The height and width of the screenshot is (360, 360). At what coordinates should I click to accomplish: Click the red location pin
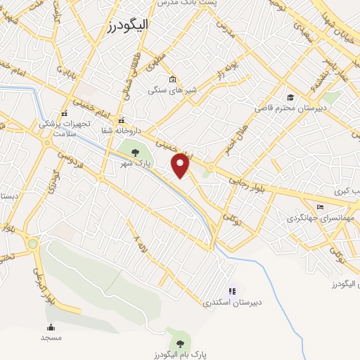(x=181, y=165)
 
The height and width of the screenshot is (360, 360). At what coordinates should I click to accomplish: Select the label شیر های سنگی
(x=171, y=90)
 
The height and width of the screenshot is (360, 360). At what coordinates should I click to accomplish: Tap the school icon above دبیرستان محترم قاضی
(x=290, y=97)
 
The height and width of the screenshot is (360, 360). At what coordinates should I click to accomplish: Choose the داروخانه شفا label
(x=120, y=131)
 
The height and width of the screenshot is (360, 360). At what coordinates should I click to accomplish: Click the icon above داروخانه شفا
(x=122, y=120)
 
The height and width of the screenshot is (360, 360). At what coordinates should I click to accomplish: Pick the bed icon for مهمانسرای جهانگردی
(x=321, y=207)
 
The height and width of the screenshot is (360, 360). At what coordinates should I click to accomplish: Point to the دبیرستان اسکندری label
(x=232, y=302)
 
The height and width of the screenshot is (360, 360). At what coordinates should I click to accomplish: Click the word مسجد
(x=51, y=337)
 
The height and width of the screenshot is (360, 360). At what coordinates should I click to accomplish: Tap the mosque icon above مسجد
(x=51, y=327)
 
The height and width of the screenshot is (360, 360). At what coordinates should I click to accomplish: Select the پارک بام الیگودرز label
(x=181, y=355)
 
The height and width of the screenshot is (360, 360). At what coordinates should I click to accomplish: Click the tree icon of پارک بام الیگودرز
(x=181, y=344)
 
